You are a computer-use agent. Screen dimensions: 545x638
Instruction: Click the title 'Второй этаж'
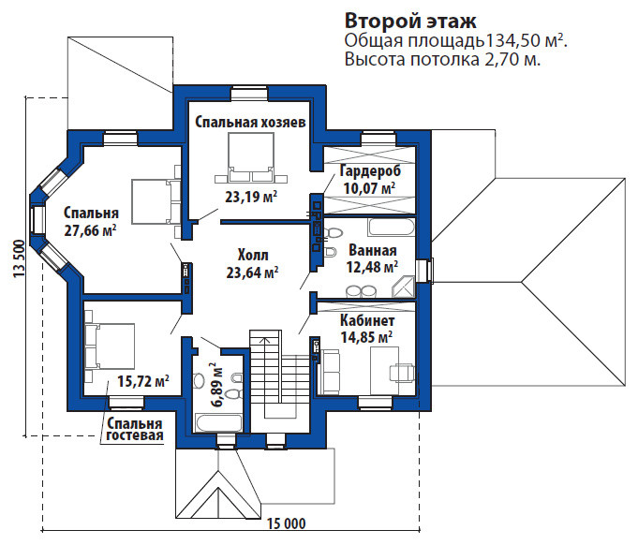tap(411, 21)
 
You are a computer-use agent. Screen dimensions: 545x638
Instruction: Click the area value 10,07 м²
tap(369, 187)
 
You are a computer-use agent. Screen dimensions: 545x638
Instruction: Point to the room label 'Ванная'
tap(373, 251)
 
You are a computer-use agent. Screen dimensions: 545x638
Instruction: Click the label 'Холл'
tap(252, 255)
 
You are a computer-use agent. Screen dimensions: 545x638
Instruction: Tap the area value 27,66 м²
tap(91, 229)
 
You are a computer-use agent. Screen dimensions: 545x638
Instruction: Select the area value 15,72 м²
tap(143, 381)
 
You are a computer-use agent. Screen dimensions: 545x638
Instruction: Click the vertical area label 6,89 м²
tap(215, 384)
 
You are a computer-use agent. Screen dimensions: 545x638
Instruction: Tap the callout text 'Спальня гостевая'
tap(134, 430)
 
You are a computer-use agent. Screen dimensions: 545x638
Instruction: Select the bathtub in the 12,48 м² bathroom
tap(388, 228)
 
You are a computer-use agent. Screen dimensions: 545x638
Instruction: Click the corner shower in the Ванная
tap(406, 287)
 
